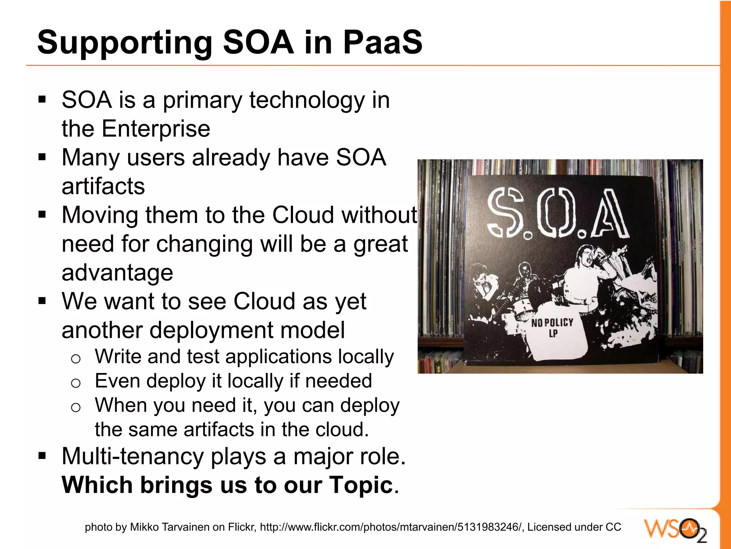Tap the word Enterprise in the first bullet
(x=156, y=129)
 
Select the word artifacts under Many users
(x=103, y=186)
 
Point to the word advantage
(x=117, y=273)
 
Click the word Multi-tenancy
(x=133, y=456)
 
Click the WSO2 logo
(x=675, y=529)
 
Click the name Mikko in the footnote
(x=144, y=527)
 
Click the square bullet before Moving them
(x=42, y=215)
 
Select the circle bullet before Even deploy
(x=76, y=383)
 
